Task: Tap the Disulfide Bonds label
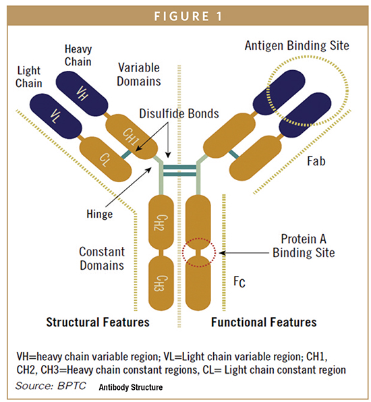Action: coord(172,114)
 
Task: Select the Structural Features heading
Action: coord(98,322)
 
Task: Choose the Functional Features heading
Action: coord(264,322)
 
